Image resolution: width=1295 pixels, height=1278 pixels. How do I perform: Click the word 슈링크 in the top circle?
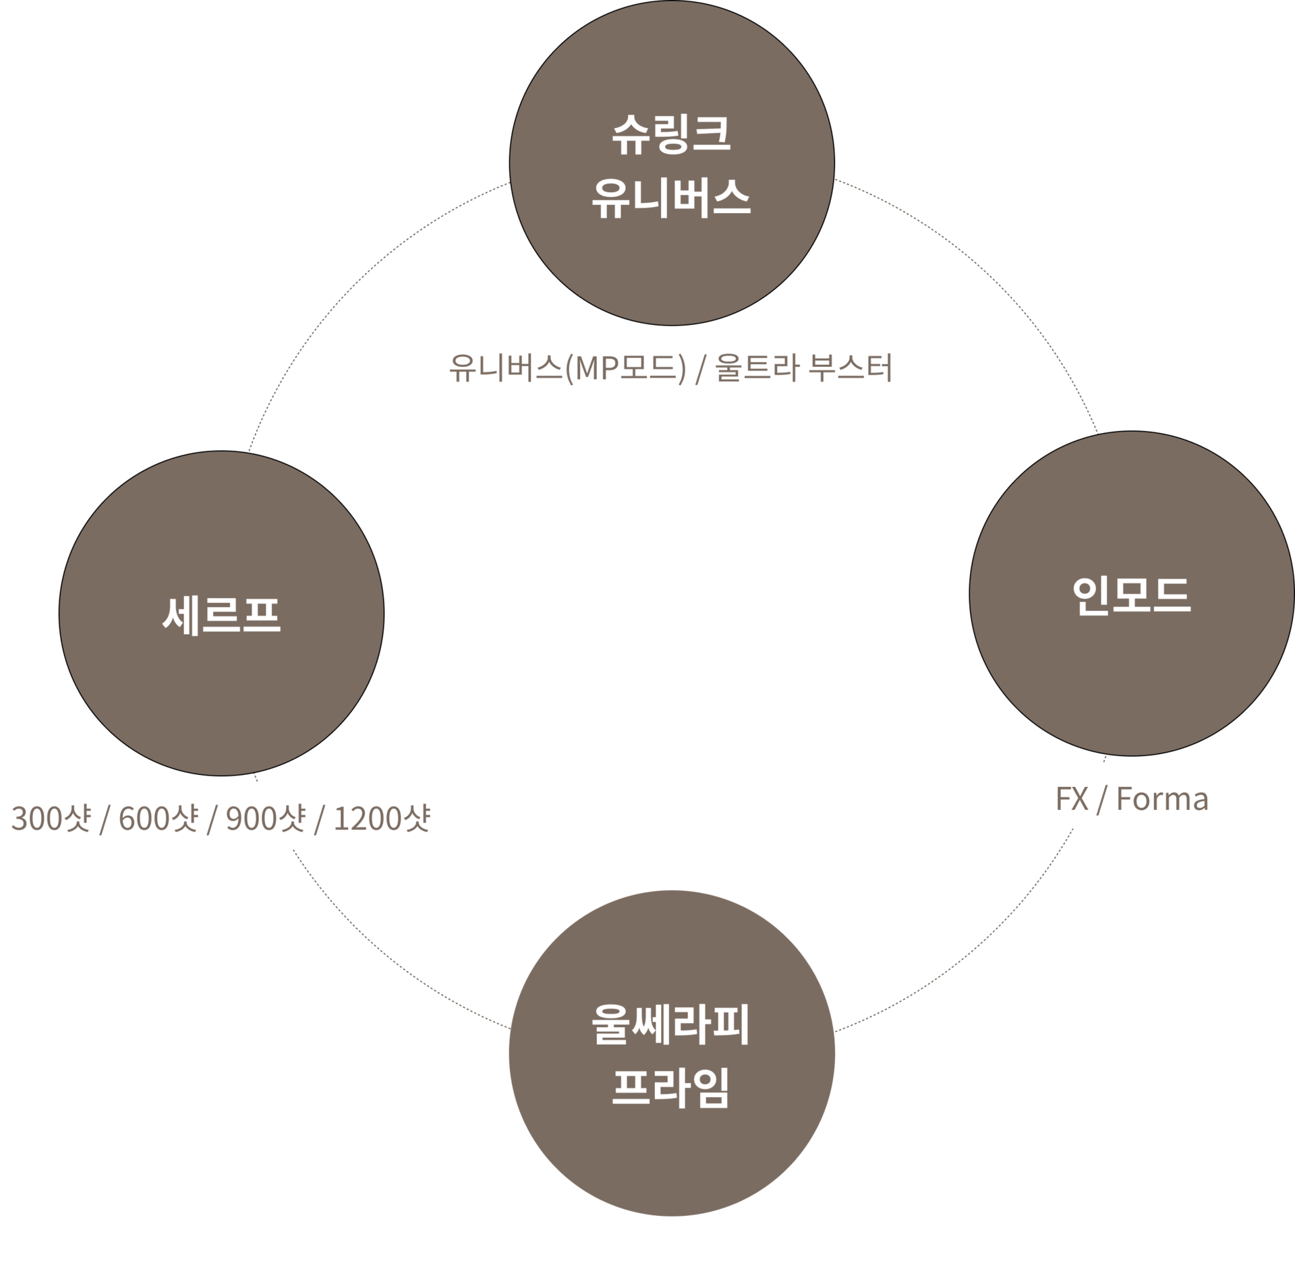671,134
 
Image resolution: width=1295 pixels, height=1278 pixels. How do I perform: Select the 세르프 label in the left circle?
221,614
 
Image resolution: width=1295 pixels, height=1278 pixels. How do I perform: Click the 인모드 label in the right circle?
1131,595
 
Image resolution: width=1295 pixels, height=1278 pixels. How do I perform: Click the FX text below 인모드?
1072,799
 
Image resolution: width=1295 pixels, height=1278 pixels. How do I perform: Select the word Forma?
1162,799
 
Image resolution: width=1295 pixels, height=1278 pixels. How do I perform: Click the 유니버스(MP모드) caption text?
567,369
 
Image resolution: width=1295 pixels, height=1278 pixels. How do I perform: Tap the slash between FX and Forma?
1102,799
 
